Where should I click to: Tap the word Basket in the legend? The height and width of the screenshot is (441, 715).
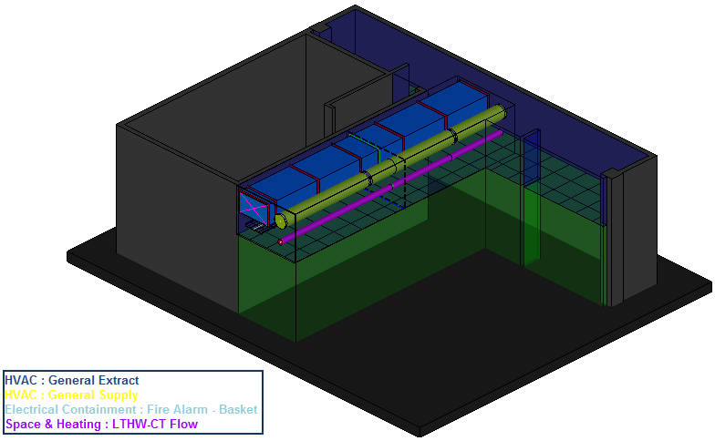click(238, 409)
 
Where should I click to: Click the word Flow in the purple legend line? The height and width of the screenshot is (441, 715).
click(184, 424)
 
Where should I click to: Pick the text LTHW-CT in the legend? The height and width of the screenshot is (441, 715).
click(139, 424)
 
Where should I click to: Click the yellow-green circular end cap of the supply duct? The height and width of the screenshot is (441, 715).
click(281, 220)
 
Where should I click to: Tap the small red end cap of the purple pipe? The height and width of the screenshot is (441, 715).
click(281, 242)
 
